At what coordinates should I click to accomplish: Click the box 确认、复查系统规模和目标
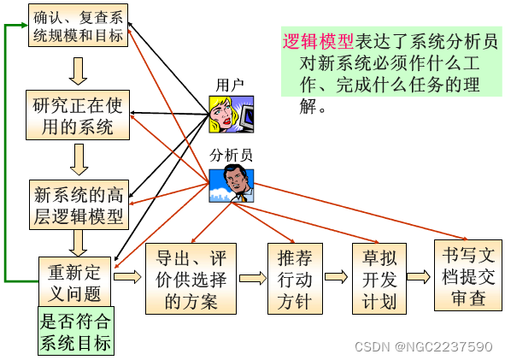coord(78,26)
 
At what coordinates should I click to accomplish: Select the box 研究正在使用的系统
coord(78,115)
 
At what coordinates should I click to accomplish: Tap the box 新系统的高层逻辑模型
coord(78,204)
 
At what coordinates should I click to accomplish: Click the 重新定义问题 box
coord(75,282)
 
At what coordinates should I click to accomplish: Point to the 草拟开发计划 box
coord(377,279)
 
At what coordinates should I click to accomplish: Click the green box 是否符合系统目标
coord(75,333)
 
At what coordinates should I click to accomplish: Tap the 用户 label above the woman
coord(230,86)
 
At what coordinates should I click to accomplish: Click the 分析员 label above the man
coord(232,155)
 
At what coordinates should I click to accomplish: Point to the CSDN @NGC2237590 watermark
coord(422,346)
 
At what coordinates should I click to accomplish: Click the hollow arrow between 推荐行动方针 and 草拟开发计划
coord(336,277)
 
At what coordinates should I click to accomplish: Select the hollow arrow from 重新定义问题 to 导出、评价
coord(126,277)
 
